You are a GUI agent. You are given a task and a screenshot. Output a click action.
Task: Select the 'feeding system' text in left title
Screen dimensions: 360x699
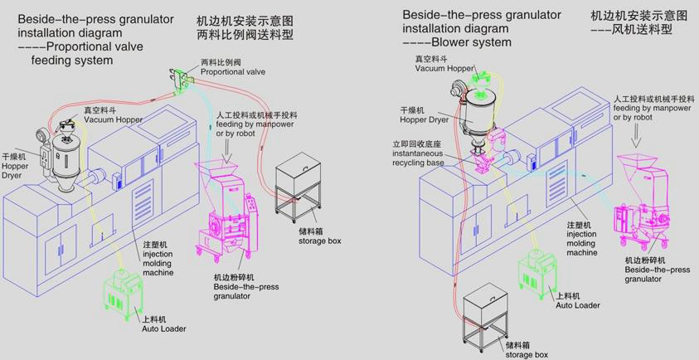click(x=71, y=61)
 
